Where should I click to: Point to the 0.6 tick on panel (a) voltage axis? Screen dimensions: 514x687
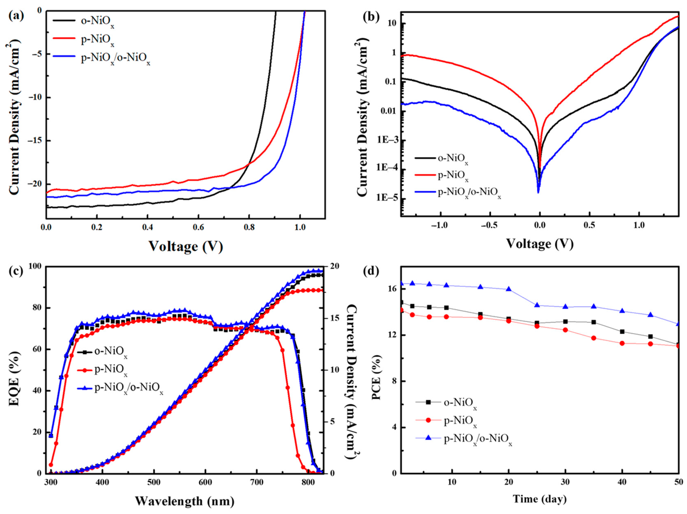(x=198, y=227)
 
